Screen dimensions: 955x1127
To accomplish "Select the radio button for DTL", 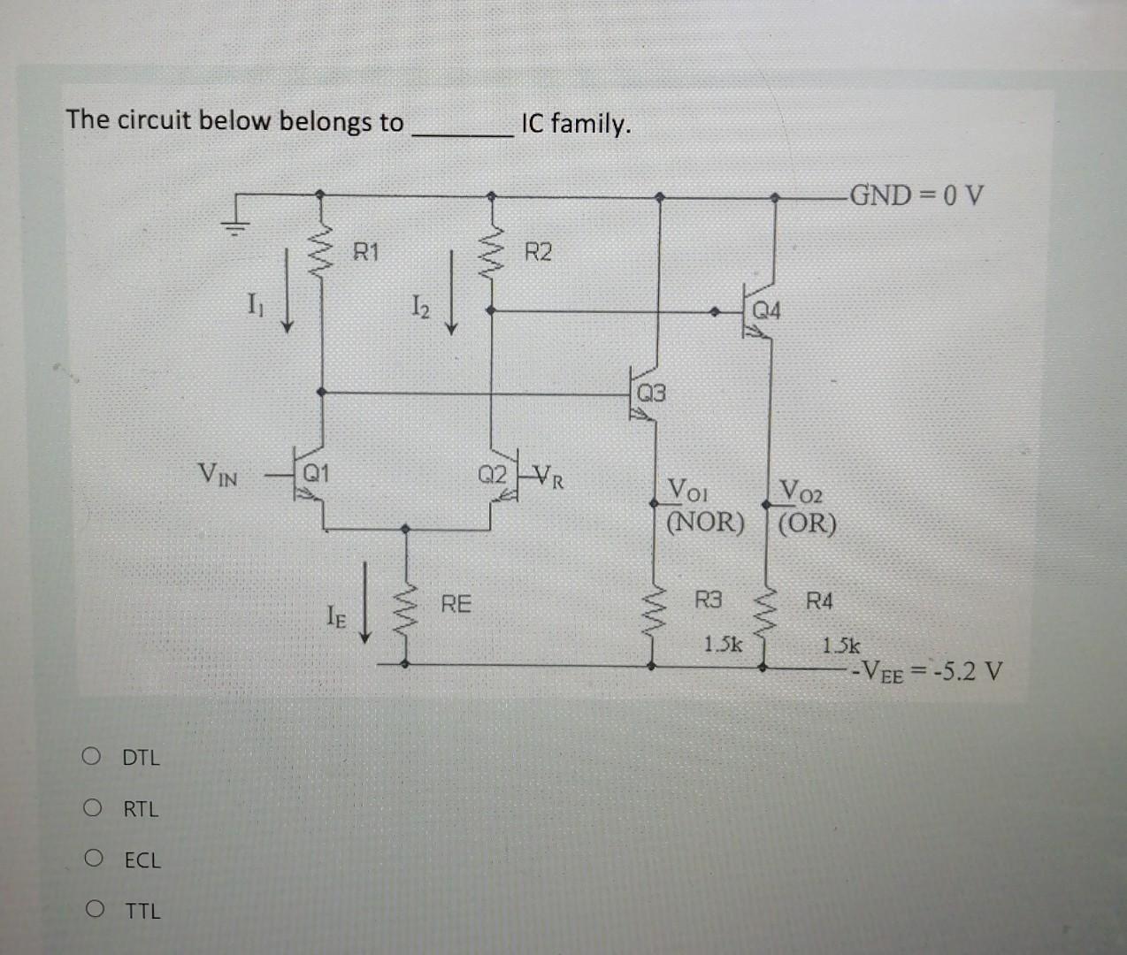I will pyautogui.click(x=91, y=757).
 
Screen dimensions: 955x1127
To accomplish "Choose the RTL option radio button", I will pyautogui.click(x=91, y=808).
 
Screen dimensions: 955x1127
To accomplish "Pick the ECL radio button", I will pyautogui.click(x=91, y=859).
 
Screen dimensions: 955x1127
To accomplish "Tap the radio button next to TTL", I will pyautogui.click(x=91, y=910).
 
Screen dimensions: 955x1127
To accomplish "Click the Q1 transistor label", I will pyautogui.click(x=316, y=473).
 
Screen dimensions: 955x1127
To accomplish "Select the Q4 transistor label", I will pyautogui.click(x=766, y=311).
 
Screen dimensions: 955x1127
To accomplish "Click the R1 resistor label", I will pyautogui.click(x=365, y=253).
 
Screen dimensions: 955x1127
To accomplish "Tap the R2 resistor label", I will pyautogui.click(x=538, y=253).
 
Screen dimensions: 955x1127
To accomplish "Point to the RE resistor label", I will pyautogui.click(x=456, y=605).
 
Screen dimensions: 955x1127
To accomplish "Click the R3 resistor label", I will pyautogui.click(x=708, y=601).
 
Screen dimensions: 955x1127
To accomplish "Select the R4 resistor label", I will pyautogui.click(x=819, y=602).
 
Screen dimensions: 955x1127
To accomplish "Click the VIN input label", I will pyautogui.click(x=218, y=477).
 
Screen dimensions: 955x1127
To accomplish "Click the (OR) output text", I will pyautogui.click(x=806, y=523).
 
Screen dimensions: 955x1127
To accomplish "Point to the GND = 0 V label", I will pyautogui.click(x=916, y=195).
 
